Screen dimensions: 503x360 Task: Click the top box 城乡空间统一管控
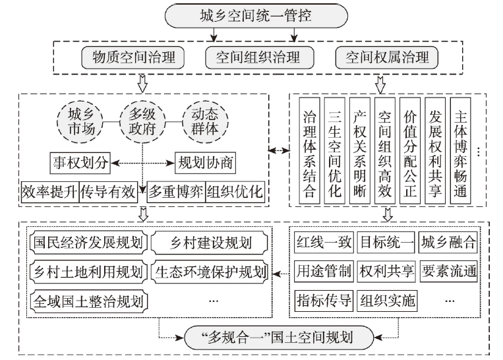coord(256,16)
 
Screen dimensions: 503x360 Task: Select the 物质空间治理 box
coord(133,58)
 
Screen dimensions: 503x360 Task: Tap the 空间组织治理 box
coord(259,58)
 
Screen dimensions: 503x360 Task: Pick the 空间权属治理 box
coord(386,58)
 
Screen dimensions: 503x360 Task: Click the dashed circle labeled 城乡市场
coord(80,122)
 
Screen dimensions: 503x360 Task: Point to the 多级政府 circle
coord(142,122)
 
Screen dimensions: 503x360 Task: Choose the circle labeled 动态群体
coord(205,122)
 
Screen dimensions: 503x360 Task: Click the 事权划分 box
coord(80,163)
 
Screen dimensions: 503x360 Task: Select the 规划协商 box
coord(205,163)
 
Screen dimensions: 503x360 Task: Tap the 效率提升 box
coord(49,192)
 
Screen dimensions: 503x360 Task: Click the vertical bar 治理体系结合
coord(310,150)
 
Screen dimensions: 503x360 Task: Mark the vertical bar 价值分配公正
coord(410,150)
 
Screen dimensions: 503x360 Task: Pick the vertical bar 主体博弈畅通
coord(460,150)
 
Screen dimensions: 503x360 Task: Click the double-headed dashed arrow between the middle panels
coord(279,150)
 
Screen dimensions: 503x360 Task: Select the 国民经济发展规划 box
coord(88,242)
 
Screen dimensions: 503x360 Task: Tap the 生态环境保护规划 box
coord(210,272)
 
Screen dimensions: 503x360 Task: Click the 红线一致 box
coord(324,242)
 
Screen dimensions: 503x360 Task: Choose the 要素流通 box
coord(448,272)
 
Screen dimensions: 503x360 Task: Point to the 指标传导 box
coord(324,301)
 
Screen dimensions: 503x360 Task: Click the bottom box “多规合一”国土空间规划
coord(279,338)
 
